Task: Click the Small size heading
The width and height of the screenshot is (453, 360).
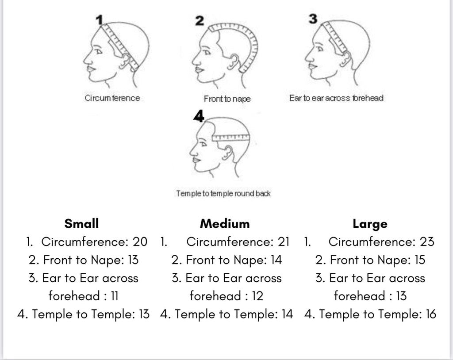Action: tap(81, 223)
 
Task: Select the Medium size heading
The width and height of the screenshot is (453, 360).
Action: tap(225, 223)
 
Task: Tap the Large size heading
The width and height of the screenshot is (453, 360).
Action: tap(370, 224)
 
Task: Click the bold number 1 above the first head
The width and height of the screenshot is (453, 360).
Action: tap(100, 19)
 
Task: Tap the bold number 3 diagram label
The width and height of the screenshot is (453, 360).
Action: tap(313, 19)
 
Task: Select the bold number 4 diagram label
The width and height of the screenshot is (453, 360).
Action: tap(199, 116)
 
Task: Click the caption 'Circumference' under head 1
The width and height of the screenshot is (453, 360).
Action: tap(112, 98)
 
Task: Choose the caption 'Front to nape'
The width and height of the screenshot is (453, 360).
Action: tap(227, 99)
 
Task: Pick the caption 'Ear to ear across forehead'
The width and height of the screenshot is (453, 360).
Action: tap(336, 98)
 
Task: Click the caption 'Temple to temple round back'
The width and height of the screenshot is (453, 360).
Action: tap(223, 194)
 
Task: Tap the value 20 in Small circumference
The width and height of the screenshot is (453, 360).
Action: tap(140, 242)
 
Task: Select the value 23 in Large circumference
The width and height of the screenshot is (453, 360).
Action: tap(427, 242)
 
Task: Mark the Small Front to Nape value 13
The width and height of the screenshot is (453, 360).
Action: tap(132, 260)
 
